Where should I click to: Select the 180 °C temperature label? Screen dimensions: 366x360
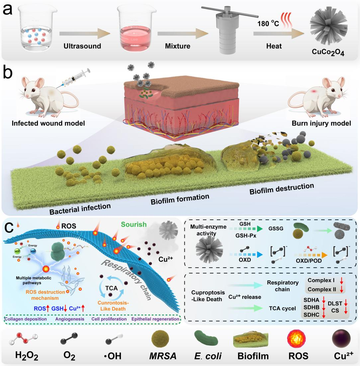click(267, 24)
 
